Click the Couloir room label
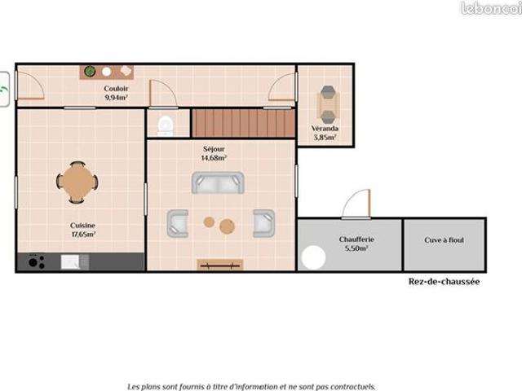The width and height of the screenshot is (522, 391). [116, 89]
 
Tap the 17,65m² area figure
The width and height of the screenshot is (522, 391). [83, 234]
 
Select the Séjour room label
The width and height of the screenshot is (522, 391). [214, 149]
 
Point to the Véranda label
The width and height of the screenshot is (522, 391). [325, 129]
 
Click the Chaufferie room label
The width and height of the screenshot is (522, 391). [356, 239]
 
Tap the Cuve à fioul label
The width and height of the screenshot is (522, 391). [444, 240]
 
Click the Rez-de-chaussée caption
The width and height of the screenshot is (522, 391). [444, 282]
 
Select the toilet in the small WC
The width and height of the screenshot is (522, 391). [166, 126]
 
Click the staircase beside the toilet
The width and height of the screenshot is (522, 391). [243, 123]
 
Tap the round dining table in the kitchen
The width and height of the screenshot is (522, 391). [77, 182]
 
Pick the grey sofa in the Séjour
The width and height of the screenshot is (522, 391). [218, 182]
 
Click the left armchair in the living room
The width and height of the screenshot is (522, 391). [178, 223]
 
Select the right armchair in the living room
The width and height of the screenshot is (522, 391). [264, 223]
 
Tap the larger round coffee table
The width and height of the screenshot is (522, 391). [227, 226]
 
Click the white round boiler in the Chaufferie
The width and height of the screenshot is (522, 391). [313, 257]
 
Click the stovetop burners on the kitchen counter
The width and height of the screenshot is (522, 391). [36, 261]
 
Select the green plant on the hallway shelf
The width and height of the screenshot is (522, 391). [90, 71]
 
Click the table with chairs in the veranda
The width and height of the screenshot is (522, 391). [328, 104]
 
